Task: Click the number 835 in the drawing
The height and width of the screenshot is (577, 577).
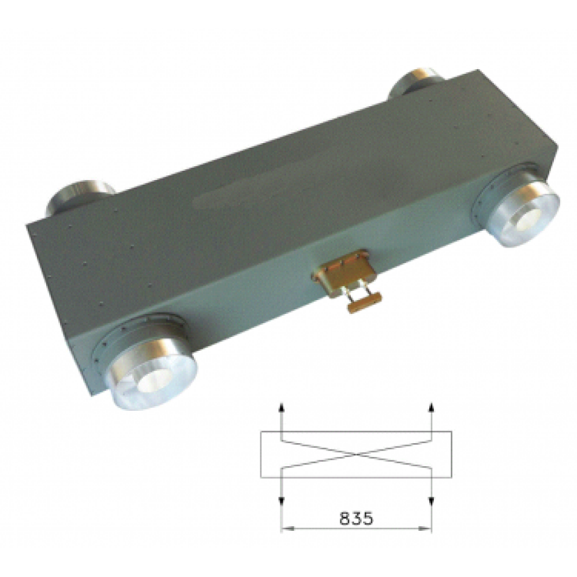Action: [x=356, y=518]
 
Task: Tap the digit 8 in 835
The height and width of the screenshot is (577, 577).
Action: [x=344, y=518]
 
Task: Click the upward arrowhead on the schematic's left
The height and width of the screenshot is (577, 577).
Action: [x=280, y=406]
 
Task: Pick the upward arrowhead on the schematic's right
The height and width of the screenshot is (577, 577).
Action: [x=431, y=406]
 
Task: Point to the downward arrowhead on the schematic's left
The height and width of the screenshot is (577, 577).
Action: [x=280, y=501]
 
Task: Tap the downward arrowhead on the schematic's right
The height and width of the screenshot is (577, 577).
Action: [x=431, y=501]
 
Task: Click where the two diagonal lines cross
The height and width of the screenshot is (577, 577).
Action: [x=356, y=455]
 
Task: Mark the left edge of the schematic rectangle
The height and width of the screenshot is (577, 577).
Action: [x=261, y=455]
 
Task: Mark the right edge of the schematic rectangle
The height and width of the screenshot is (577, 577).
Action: [x=451, y=455]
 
